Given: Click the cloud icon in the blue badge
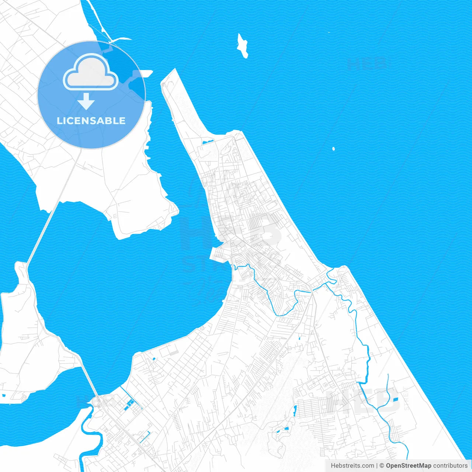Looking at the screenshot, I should pos(91,72).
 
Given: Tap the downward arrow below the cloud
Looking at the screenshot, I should pos(86,101).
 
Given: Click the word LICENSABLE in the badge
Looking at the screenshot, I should pos(91,121).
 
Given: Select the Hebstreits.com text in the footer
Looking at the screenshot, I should pos(352,466).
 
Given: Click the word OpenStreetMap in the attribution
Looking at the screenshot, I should pos(408,466).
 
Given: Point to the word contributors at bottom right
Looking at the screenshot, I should pos(450,466).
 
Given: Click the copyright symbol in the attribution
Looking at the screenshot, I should pos(382,466).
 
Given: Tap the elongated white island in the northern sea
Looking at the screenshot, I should pos(242,45).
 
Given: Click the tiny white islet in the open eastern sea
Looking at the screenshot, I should pos(333,149).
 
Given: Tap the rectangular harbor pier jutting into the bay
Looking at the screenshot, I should pos(218,254).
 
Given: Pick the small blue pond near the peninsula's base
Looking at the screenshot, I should pos(207,142).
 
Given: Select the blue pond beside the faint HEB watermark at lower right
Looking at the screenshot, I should pos(396,400).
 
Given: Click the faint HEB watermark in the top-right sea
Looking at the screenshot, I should pos(367,63).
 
